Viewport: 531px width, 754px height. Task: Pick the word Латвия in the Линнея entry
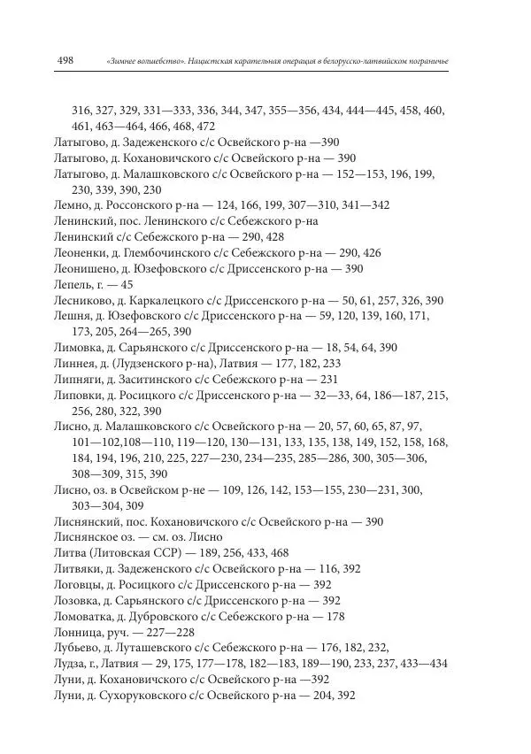(x=233, y=364)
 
